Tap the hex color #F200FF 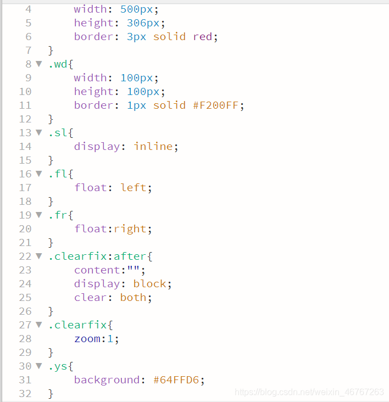(x=218, y=105)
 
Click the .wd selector (x=57, y=64)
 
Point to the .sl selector (x=57, y=133)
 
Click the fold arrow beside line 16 (x=39, y=174)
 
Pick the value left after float (x=134, y=188)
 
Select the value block (x=149, y=284)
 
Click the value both (x=134, y=298)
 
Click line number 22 (x=25, y=256)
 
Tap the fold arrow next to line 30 (x=39, y=366)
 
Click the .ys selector (x=57, y=366)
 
